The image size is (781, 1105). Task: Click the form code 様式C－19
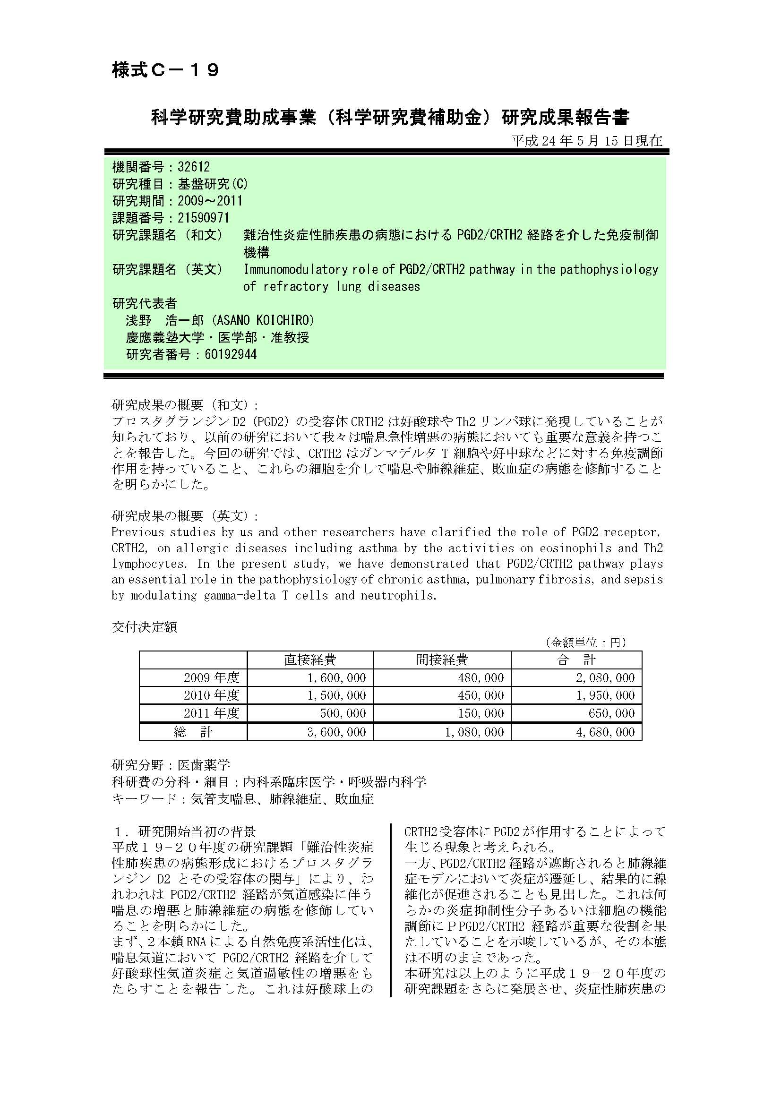[165, 70]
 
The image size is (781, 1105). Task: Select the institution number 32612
[193, 167]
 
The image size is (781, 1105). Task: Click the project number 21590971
[203, 218]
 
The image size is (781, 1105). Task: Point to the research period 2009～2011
[210, 201]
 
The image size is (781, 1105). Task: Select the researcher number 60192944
[231, 355]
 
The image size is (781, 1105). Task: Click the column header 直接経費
[310, 660]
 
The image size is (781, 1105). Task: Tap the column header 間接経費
[442, 660]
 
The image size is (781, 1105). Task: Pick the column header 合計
[576, 660]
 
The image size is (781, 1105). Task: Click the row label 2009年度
[211, 678]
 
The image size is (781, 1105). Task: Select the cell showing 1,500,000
[336, 695]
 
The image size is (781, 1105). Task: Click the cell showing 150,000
[481, 713]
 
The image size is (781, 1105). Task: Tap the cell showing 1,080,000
[474, 732]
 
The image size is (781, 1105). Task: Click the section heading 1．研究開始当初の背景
[184, 831]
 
